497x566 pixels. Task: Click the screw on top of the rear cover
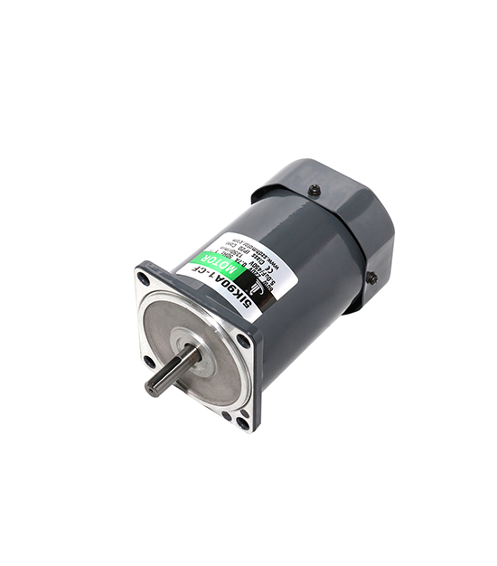[x=314, y=190]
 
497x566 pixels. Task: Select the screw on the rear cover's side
[x=371, y=278]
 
